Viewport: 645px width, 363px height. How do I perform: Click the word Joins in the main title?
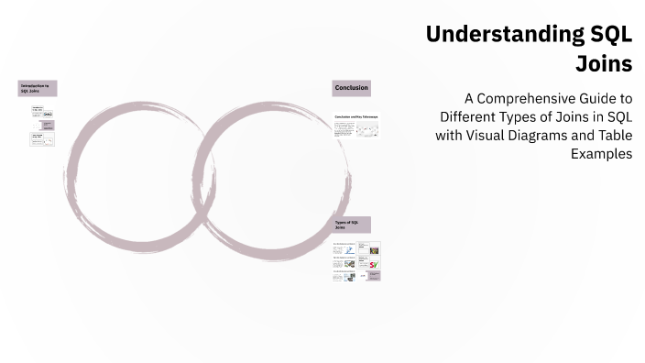(x=604, y=64)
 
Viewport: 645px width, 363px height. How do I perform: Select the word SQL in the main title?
(x=606, y=36)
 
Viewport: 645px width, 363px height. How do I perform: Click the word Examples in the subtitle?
(x=601, y=154)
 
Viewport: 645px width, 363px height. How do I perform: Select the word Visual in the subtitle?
(x=492, y=136)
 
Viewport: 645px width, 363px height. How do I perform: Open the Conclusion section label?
(x=352, y=88)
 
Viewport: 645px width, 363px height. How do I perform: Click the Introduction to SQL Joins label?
(x=38, y=88)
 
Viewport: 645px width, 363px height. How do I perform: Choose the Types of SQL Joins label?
(x=352, y=225)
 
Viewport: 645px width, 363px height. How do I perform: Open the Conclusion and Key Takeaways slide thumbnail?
(x=356, y=127)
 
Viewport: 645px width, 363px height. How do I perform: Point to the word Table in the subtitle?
(x=613, y=136)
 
